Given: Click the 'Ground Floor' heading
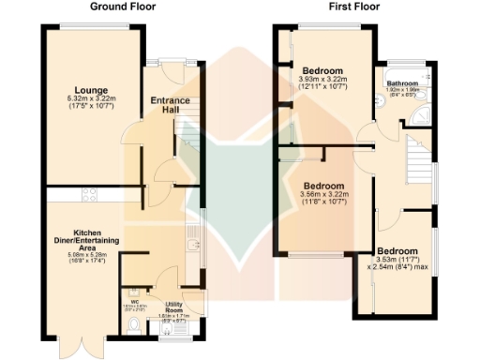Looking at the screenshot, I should [x=123, y=7].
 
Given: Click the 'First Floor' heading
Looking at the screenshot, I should [x=352, y=7].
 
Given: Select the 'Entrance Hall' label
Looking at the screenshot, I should [x=170, y=105].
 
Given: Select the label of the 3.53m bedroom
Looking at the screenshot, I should [x=399, y=252].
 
